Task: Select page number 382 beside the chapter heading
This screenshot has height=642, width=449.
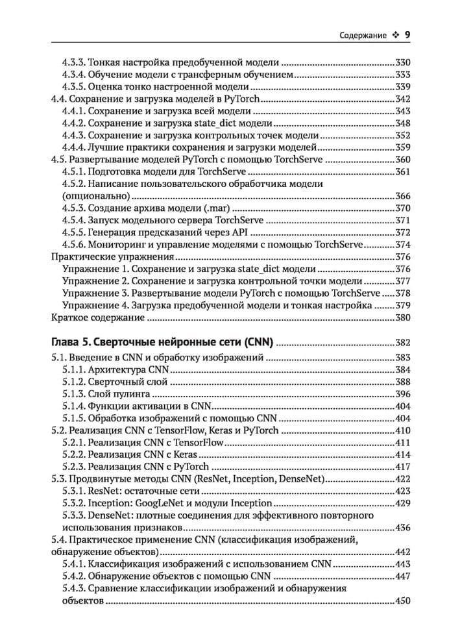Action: [x=403, y=343]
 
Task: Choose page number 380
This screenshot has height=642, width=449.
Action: [x=403, y=318]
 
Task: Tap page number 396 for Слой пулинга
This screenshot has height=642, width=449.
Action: [x=403, y=394]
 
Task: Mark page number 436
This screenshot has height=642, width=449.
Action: [x=403, y=527]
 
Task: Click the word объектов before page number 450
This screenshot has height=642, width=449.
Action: [x=82, y=600]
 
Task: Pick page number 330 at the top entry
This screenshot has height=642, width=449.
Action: [x=403, y=63]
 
